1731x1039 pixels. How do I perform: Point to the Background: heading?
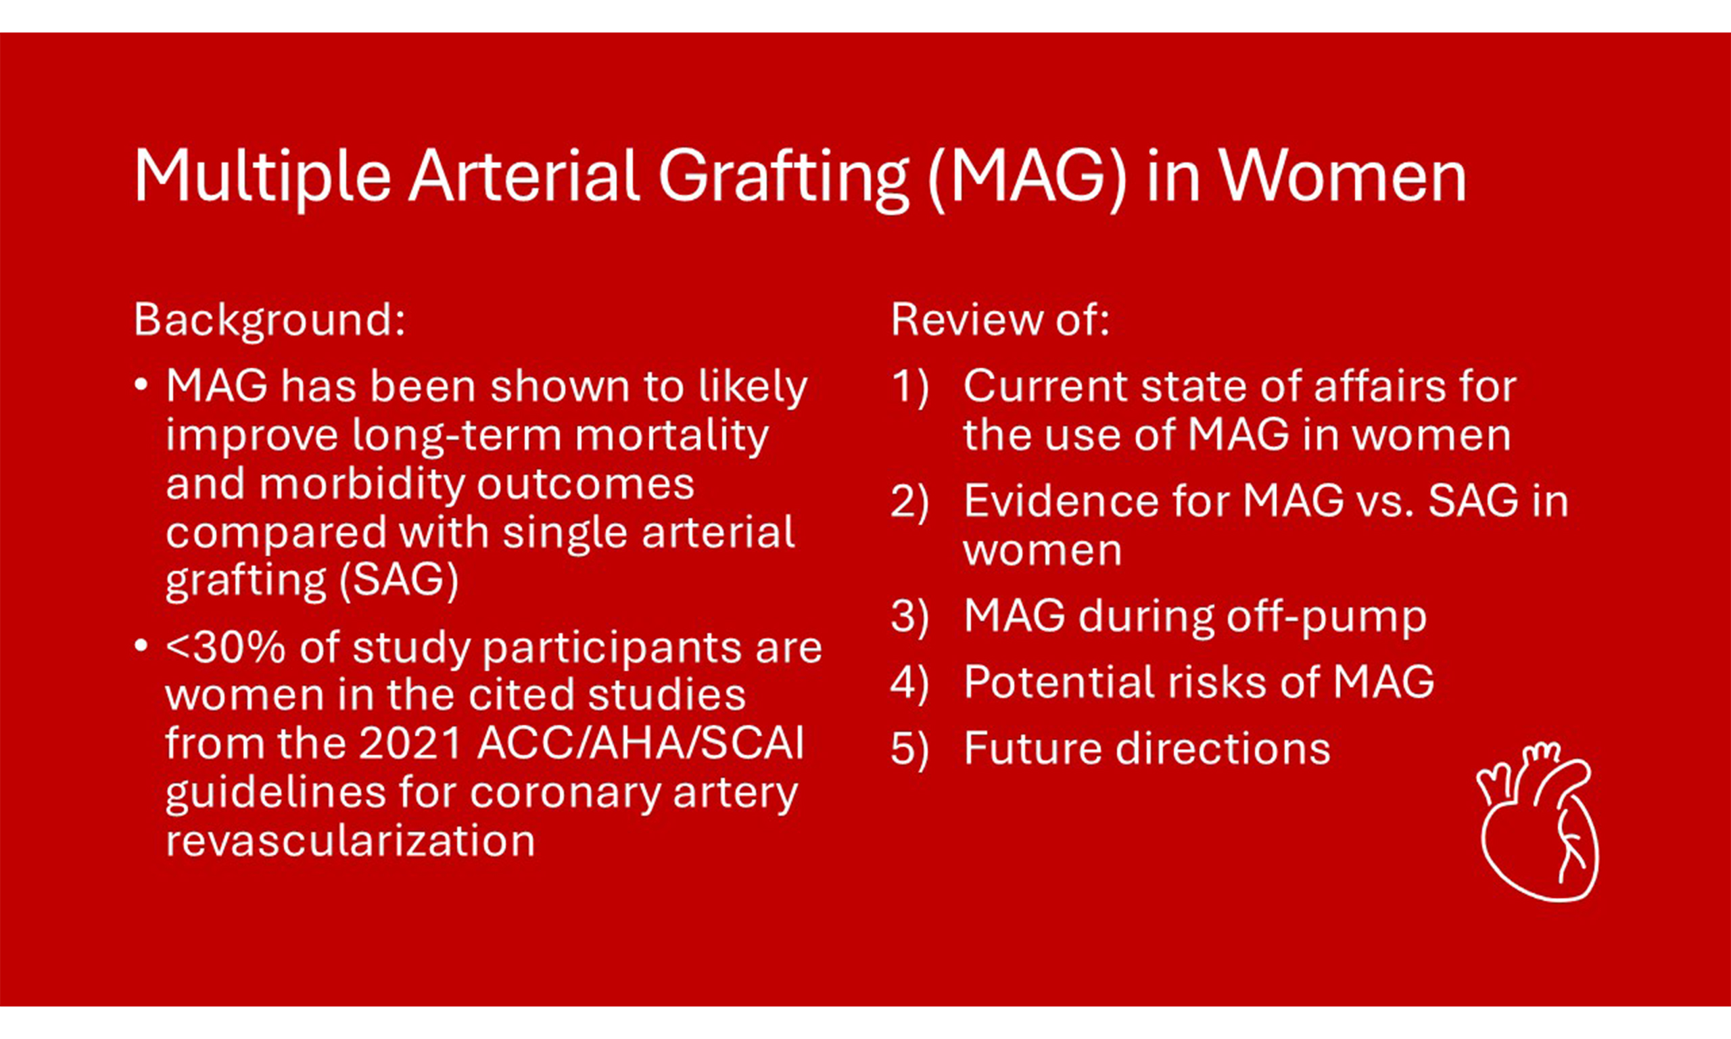(269, 320)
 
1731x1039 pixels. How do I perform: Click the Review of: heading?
(1000, 319)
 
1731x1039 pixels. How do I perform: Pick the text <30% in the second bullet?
(225, 647)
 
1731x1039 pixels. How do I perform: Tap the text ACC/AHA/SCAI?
(640, 743)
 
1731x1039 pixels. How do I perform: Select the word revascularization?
(350, 840)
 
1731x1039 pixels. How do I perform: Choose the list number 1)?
(909, 386)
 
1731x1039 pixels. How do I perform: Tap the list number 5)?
(909, 748)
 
